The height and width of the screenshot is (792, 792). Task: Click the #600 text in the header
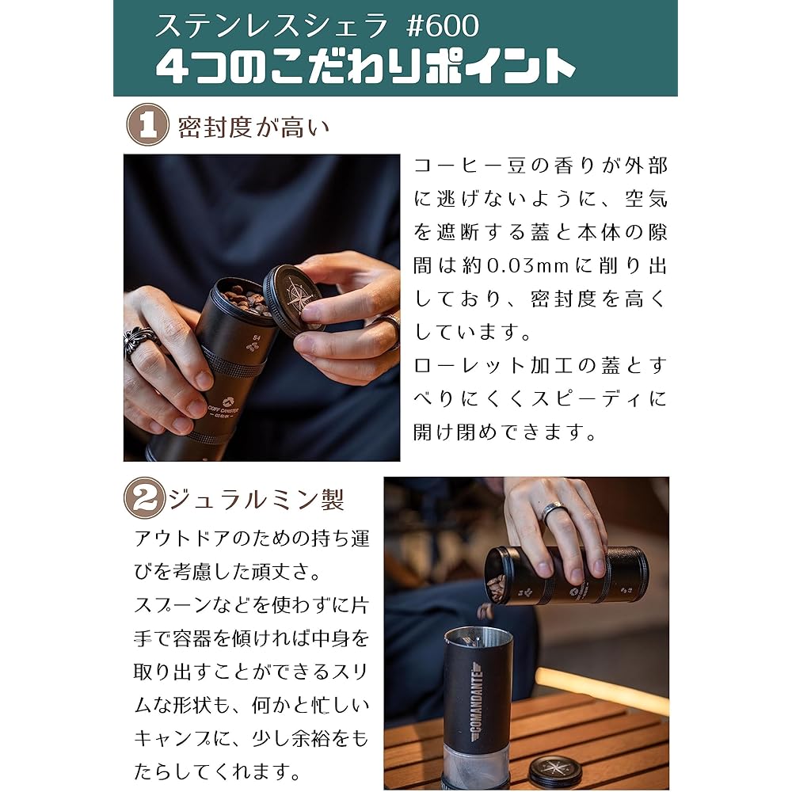(x=442, y=26)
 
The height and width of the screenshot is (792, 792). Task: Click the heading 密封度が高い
(x=253, y=127)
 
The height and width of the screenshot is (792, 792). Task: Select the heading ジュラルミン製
(x=256, y=500)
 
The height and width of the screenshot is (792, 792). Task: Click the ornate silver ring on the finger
(x=140, y=342)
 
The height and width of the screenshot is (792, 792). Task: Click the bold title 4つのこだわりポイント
(x=364, y=67)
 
